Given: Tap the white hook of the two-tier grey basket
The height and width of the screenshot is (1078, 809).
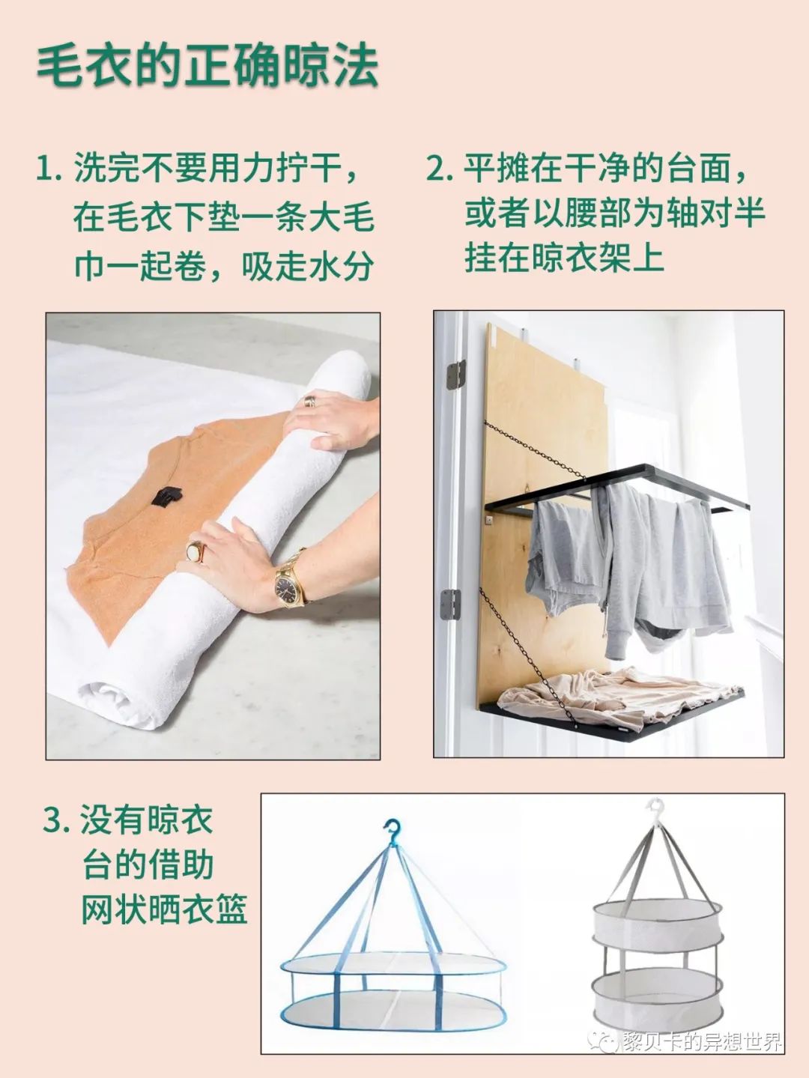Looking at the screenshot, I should click(x=657, y=808).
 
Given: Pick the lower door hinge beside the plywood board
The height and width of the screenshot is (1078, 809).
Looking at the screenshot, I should click(x=450, y=604).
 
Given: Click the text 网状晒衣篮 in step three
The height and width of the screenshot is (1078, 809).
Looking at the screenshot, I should click(x=164, y=909).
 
